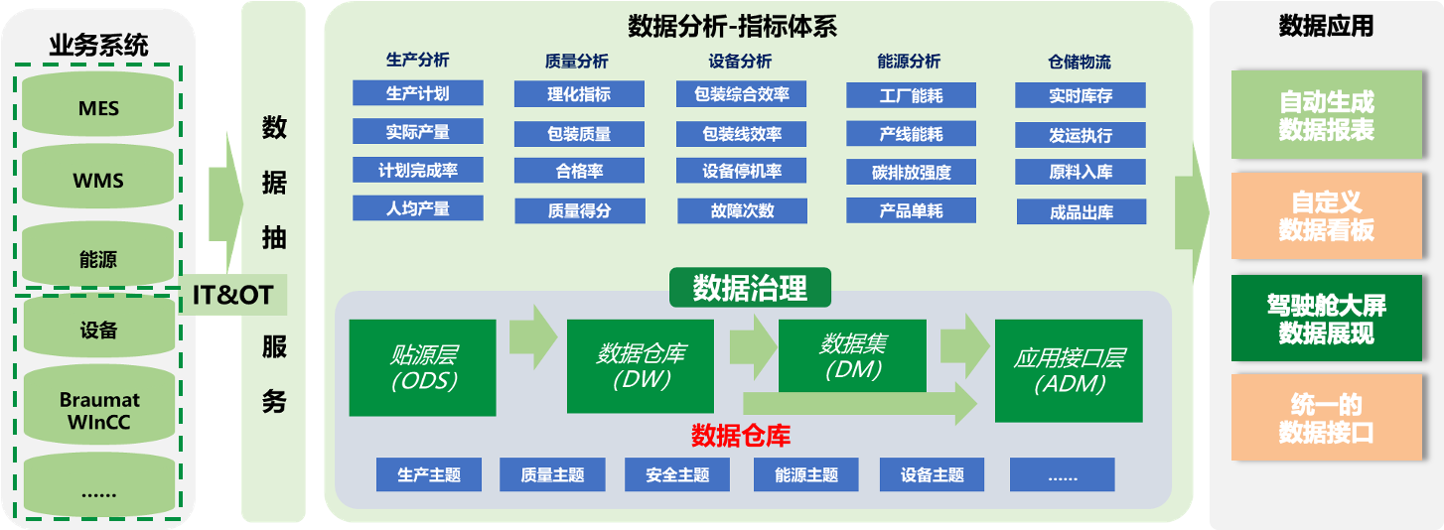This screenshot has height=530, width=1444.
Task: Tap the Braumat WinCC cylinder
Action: (99, 406)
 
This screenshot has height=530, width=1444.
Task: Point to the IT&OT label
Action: (232, 295)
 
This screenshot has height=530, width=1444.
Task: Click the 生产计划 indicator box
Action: (418, 93)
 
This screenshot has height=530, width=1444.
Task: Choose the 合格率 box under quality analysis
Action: (580, 171)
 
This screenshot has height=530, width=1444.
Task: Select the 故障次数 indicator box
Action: (742, 210)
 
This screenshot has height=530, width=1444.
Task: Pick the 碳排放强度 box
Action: (911, 172)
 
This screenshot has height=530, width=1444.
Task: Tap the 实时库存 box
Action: (1081, 95)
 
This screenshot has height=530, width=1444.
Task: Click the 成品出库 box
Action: (1082, 211)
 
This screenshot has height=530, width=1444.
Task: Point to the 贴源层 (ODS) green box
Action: (423, 367)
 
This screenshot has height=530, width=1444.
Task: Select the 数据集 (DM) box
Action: (852, 355)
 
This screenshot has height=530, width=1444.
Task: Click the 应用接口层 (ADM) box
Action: (1069, 371)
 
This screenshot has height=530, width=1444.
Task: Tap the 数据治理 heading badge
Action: (751, 287)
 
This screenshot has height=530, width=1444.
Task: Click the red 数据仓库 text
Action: (741, 436)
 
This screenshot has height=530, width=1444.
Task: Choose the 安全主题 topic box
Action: (677, 474)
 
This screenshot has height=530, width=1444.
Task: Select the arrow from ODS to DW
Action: (533, 336)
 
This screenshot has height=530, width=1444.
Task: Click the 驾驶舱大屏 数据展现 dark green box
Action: (1327, 319)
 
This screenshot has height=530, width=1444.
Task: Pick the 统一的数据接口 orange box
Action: (1327, 417)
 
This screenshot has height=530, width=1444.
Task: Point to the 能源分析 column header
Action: (909, 62)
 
